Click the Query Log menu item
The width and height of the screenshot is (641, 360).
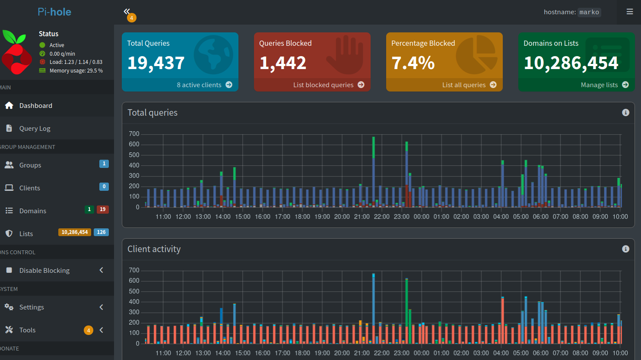(x=35, y=128)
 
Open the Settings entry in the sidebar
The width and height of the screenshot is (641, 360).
(x=32, y=307)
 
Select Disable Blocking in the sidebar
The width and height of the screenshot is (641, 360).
(x=44, y=270)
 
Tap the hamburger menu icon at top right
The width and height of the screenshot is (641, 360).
(x=630, y=12)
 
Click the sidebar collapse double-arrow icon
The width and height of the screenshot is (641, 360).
(x=127, y=11)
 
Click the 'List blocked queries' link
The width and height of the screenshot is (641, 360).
(x=328, y=85)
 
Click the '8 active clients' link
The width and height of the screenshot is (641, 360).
(x=204, y=85)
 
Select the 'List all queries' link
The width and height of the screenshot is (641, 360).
(x=469, y=85)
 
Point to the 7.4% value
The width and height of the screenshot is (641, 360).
(x=413, y=63)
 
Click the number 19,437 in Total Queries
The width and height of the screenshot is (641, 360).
(x=156, y=63)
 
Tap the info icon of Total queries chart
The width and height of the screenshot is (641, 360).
(x=625, y=113)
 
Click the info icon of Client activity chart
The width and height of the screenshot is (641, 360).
(x=625, y=249)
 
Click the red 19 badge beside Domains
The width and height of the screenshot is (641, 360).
(x=102, y=209)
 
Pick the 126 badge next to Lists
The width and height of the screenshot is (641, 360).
(x=101, y=232)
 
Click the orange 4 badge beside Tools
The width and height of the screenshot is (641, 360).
(x=89, y=330)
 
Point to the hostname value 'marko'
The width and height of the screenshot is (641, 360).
(x=589, y=12)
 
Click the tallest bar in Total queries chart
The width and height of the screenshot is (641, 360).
(x=374, y=173)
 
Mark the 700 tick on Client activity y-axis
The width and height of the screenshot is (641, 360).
(x=134, y=270)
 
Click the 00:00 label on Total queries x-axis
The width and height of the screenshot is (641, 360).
(x=422, y=217)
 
